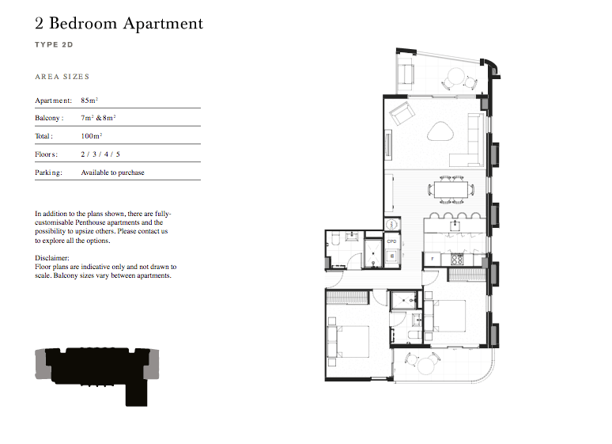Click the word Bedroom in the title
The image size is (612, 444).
(x=83, y=24)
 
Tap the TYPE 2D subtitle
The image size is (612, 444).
(x=54, y=44)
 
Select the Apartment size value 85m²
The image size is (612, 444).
(x=89, y=101)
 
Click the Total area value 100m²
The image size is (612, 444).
(x=92, y=136)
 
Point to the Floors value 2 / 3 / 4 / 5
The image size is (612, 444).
(x=100, y=154)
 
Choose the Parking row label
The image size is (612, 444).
(x=48, y=173)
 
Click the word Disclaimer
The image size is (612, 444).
(x=52, y=258)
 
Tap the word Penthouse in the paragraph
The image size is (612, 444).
(x=90, y=222)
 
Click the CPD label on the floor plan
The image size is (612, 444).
(x=392, y=241)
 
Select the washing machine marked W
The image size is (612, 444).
(x=392, y=256)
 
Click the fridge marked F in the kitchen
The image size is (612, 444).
(x=433, y=259)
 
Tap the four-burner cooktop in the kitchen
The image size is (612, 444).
(x=457, y=259)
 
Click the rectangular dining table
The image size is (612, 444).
(x=451, y=190)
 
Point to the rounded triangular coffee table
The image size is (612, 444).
(x=440, y=131)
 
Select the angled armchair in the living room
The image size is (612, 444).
(x=402, y=113)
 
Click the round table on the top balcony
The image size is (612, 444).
(x=456, y=76)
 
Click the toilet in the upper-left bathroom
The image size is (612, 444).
(x=334, y=239)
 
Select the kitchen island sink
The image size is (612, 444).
(x=455, y=226)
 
